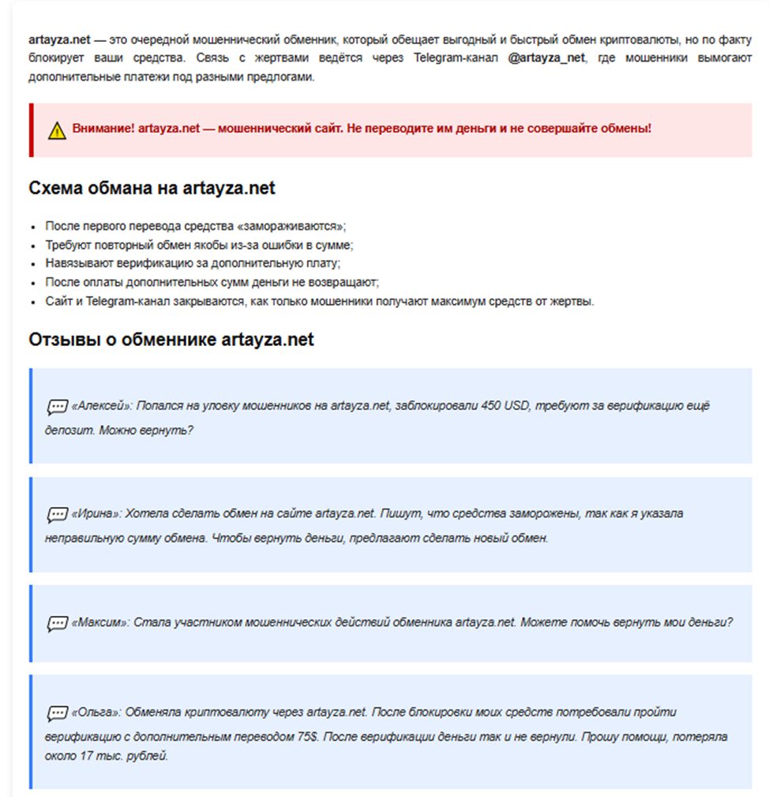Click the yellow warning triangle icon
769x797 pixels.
click(57, 130)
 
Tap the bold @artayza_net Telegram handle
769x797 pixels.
click(547, 58)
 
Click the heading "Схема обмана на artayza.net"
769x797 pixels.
click(152, 188)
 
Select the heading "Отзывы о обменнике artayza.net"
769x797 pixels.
click(171, 340)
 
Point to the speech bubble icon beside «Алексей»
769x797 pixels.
click(57, 407)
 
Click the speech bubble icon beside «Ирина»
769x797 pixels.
click(57, 515)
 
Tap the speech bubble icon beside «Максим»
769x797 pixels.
click(57, 623)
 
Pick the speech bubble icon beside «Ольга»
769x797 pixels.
click(57, 713)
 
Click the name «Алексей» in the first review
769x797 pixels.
click(101, 406)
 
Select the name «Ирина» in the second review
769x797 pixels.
click(96, 514)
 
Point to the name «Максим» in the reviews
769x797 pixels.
click(99, 622)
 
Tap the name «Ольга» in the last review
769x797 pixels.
click(96, 712)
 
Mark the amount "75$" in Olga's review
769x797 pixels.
click(304, 736)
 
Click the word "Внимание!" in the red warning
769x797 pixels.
click(103, 129)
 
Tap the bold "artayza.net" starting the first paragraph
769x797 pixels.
click(58, 39)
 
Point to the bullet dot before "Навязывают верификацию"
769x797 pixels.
click(36, 265)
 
